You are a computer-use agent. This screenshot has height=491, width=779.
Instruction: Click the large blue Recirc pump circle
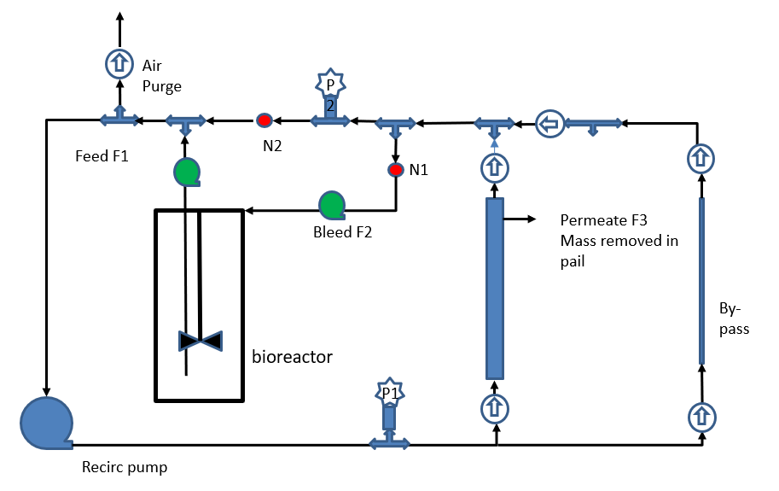click(46, 422)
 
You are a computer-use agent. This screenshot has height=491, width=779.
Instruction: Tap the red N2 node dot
click(265, 121)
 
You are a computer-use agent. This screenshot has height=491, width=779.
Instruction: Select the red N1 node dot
click(395, 169)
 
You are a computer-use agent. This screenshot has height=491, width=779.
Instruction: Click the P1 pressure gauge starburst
click(389, 394)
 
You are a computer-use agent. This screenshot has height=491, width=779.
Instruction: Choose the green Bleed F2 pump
click(331, 205)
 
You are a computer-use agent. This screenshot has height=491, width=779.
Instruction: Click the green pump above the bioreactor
click(186, 171)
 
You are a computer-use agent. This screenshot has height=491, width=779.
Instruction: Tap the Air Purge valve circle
click(119, 61)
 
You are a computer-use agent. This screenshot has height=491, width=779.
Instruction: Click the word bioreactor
click(292, 355)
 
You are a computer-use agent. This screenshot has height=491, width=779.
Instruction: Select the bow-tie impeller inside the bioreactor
click(200, 341)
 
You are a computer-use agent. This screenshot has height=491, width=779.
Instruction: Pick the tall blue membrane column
click(495, 288)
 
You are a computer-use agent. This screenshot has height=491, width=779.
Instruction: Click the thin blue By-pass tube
click(701, 280)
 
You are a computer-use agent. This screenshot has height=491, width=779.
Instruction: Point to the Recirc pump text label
click(125, 467)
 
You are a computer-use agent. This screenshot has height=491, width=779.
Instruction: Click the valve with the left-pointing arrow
click(549, 125)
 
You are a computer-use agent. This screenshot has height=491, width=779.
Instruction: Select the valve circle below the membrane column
click(495, 408)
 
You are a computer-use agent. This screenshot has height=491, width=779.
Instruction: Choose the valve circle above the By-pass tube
click(701, 158)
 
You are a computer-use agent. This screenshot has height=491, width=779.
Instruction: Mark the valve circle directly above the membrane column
click(495, 167)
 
